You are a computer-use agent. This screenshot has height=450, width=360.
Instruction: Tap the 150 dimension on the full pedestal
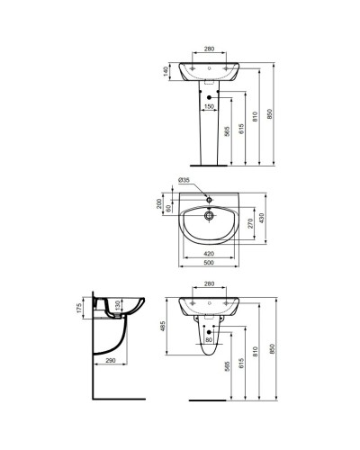point(209,106)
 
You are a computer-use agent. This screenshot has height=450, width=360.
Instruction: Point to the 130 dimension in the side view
point(117,312)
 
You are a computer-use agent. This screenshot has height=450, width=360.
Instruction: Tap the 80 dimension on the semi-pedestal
point(208,340)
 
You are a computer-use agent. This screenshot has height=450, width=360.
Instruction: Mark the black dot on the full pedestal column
point(209,96)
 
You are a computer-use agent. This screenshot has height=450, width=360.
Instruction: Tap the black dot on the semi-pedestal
point(208,330)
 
